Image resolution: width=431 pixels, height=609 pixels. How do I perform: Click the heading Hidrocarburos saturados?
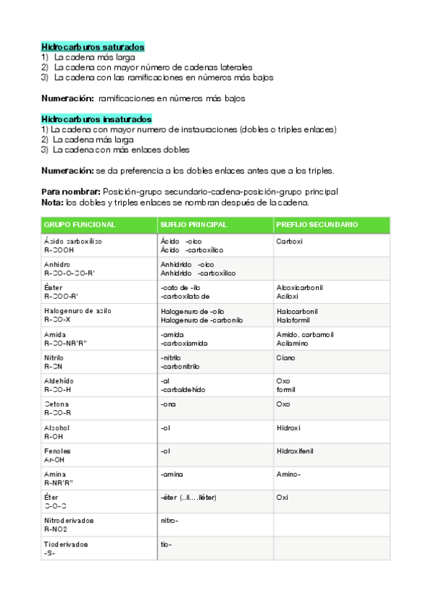(93, 47)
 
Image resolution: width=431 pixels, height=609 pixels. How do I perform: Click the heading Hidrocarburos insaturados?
(96, 118)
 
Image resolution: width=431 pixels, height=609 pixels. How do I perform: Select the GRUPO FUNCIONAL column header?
(80, 225)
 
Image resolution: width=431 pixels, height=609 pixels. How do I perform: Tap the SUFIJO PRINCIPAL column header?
(194, 225)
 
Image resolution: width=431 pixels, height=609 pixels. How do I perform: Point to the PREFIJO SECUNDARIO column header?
(317, 225)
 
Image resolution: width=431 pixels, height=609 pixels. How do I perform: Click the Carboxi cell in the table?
(289, 241)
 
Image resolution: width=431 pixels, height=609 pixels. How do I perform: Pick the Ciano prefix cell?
(286, 357)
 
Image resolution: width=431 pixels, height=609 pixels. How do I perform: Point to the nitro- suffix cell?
(169, 521)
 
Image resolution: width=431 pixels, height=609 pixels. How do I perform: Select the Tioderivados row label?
(65, 549)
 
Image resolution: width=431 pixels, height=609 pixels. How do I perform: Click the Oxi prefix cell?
(282, 497)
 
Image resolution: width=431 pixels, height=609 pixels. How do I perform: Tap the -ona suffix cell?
(168, 404)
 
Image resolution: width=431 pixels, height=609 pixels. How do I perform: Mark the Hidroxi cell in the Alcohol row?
(289, 427)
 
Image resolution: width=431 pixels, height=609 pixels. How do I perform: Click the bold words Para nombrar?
(71, 192)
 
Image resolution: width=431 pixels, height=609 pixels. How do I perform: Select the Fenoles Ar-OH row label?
(58, 455)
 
